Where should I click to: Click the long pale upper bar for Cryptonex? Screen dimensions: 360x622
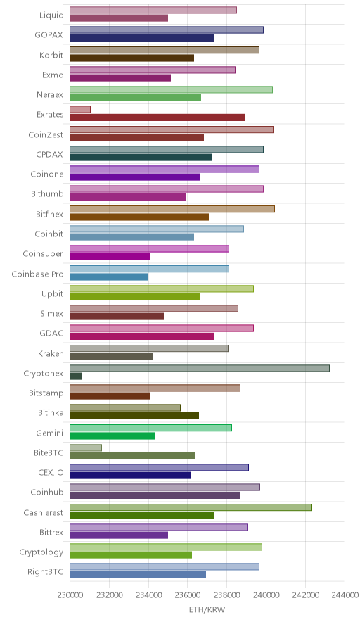(200, 368)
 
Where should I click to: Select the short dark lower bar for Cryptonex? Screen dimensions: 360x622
(76, 376)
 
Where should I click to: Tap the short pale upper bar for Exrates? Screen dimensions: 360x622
(80, 110)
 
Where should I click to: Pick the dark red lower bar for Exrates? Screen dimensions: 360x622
(157, 118)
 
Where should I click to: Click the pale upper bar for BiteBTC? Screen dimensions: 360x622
(86, 448)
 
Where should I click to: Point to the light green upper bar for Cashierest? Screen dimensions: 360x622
(191, 507)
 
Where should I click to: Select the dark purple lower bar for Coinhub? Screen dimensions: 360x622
(155, 495)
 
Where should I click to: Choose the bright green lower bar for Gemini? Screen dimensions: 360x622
(112, 436)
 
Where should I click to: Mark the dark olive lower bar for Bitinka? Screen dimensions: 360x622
(134, 416)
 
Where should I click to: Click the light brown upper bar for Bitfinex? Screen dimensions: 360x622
(172, 209)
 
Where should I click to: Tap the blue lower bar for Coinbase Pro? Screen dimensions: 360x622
(109, 277)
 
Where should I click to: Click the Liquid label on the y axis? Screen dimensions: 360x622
(51, 15)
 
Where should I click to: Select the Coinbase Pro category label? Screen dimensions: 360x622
(38, 274)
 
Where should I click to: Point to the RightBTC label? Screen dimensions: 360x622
(45, 571)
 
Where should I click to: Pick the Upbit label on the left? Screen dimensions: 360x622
(52, 294)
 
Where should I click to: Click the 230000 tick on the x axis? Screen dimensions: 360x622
(70, 595)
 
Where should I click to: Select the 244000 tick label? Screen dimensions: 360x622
(345, 595)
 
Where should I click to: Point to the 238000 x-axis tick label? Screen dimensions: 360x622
(227, 595)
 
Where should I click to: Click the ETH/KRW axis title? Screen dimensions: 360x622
(207, 610)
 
